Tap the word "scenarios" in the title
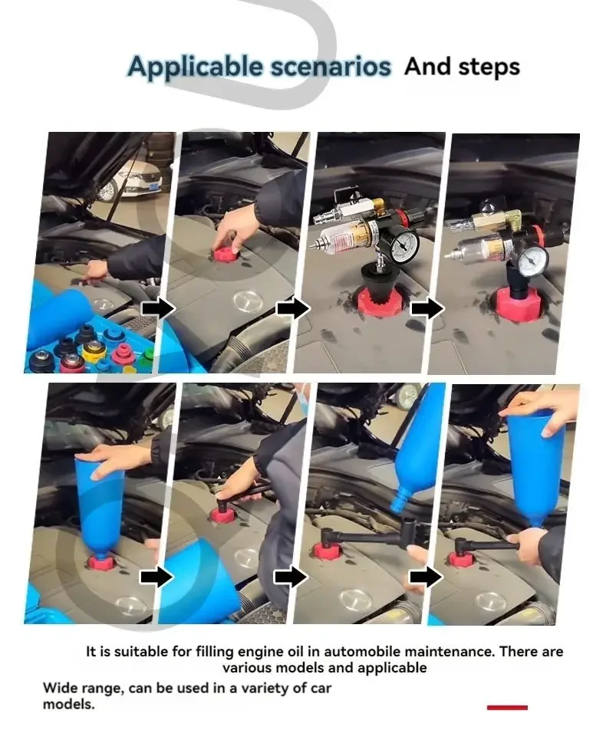[331, 67]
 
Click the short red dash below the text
[507, 708]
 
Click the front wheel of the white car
[107, 190]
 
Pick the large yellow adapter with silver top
[94, 350]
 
